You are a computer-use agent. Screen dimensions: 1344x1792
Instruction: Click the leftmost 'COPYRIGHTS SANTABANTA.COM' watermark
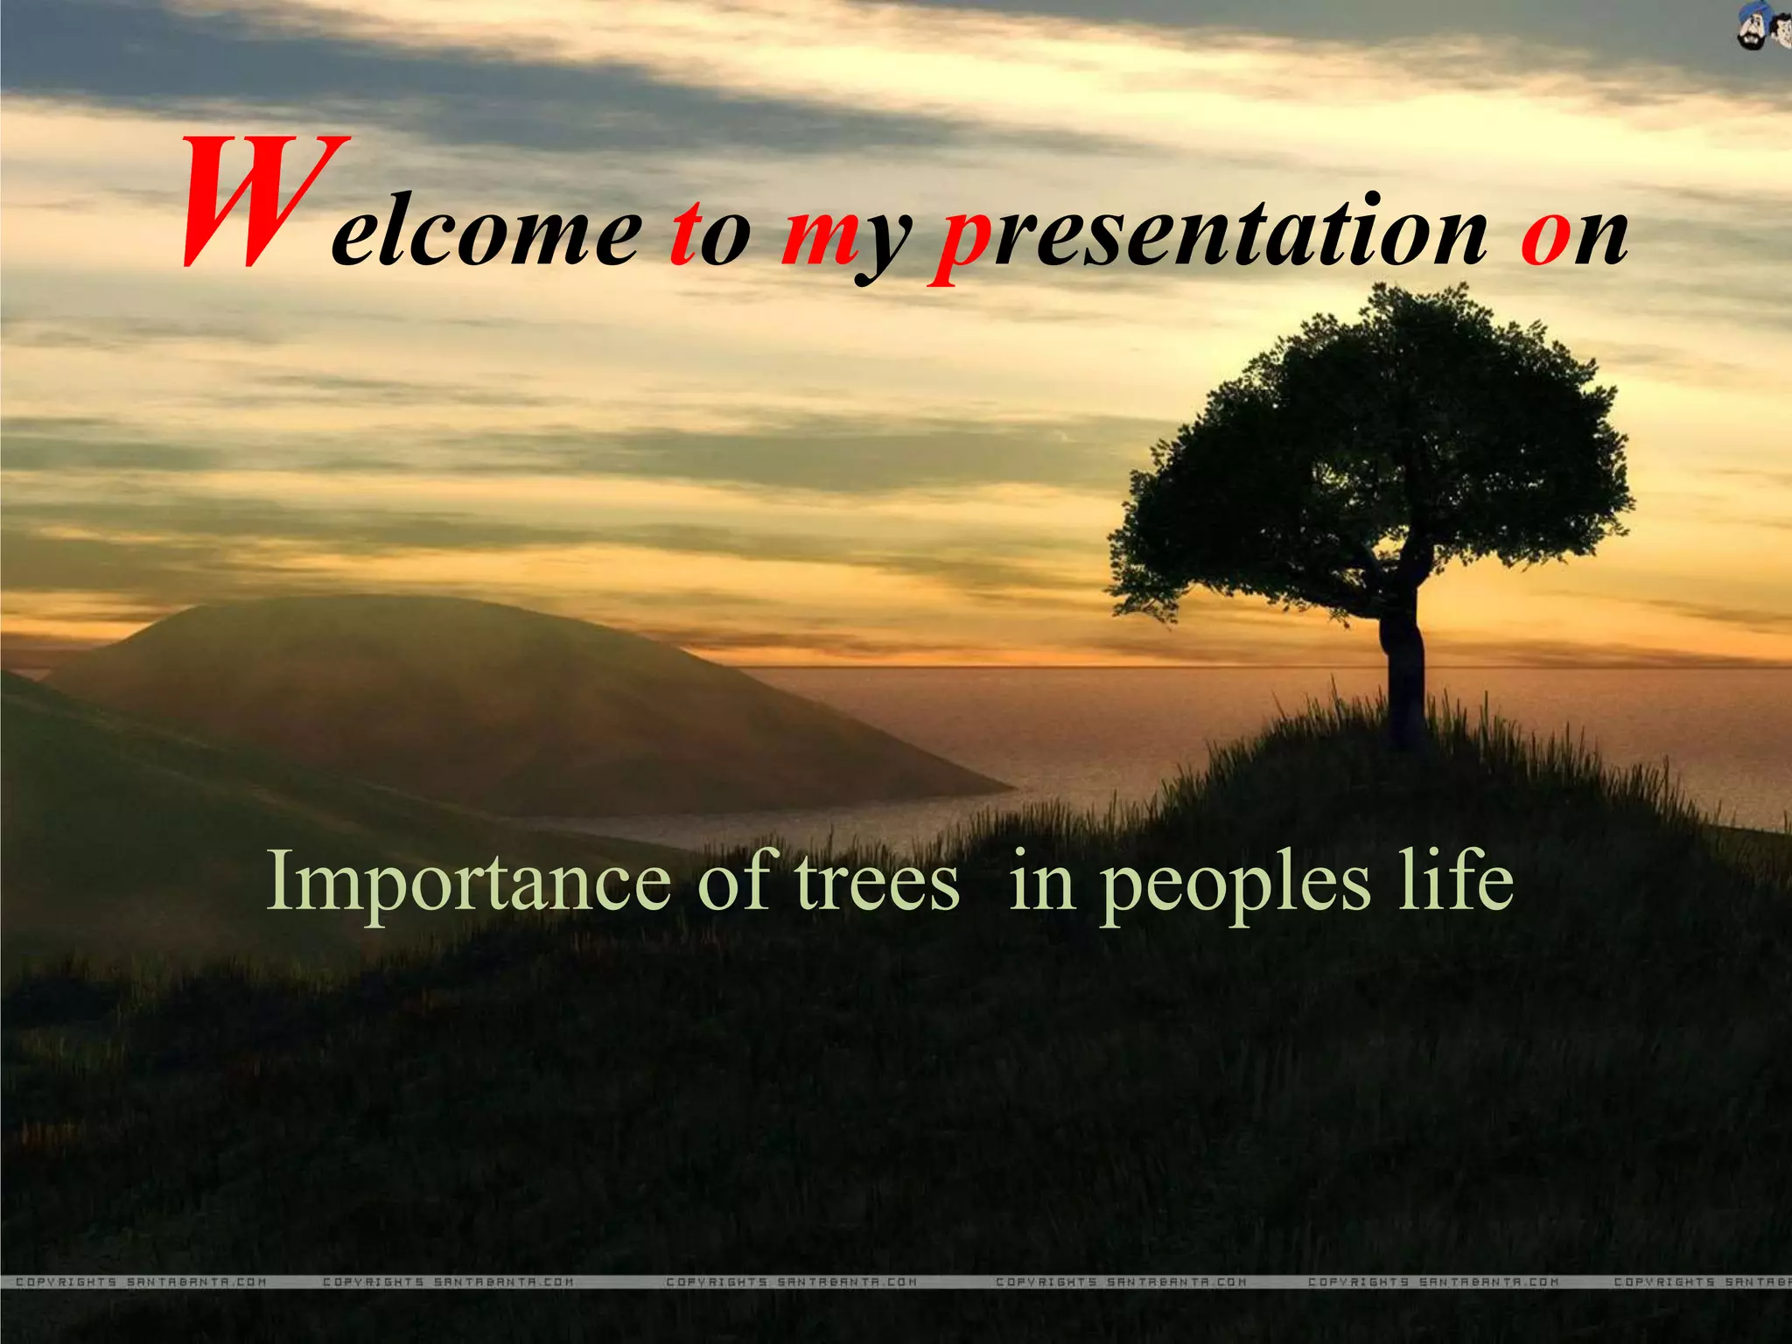pos(140,1282)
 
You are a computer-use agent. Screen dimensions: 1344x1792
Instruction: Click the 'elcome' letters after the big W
pos(486,235)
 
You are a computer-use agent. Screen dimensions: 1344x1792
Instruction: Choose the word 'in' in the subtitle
pos(1041,881)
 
